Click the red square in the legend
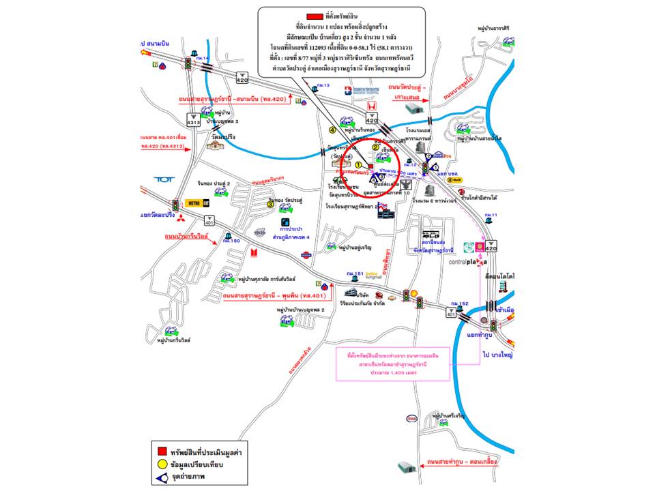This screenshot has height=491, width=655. (x=162, y=451)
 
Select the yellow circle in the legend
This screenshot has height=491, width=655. (x=162, y=464)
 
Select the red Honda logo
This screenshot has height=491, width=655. (x=371, y=105)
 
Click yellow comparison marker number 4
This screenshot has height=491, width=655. (x=333, y=130)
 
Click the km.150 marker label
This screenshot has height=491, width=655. (x=235, y=241)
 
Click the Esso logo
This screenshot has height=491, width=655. (x=411, y=418)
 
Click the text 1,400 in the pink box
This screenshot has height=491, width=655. (x=388, y=374)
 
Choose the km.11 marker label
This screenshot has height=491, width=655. (x=491, y=215)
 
